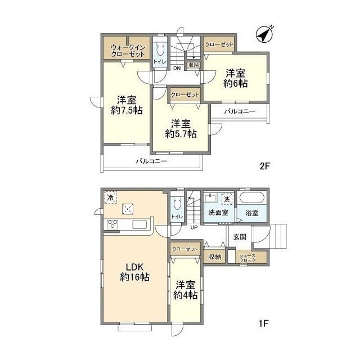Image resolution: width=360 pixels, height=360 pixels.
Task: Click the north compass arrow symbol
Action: pos(265,34)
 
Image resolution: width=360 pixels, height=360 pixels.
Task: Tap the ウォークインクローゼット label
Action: pos(128,51)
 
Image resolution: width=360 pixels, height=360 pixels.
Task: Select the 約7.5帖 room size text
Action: pos(127,111)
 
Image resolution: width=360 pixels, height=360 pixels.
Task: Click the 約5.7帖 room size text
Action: pos(181,134)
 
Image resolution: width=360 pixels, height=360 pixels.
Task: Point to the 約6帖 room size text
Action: pos(236,83)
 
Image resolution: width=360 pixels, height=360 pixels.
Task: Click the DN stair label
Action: pos(177,68)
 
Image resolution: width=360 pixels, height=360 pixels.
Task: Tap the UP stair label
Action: pos(194,227)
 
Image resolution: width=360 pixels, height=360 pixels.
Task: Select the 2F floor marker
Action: pos(264,166)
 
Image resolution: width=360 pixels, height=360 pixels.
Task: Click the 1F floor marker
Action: pos(264,323)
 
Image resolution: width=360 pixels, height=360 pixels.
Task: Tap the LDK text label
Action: pos(135,267)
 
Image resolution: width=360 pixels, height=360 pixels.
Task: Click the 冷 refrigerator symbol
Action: pos(111,197)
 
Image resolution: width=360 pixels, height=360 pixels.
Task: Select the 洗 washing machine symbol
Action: pos(227,199)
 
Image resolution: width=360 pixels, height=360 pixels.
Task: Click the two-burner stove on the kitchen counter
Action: pos(112,224)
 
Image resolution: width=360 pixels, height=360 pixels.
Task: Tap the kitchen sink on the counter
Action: pos(140,224)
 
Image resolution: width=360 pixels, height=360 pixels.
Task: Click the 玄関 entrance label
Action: pos(240,237)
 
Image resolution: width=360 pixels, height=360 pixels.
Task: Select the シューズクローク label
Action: pos(247,258)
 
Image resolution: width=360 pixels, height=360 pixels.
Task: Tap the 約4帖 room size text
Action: pos(185,295)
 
